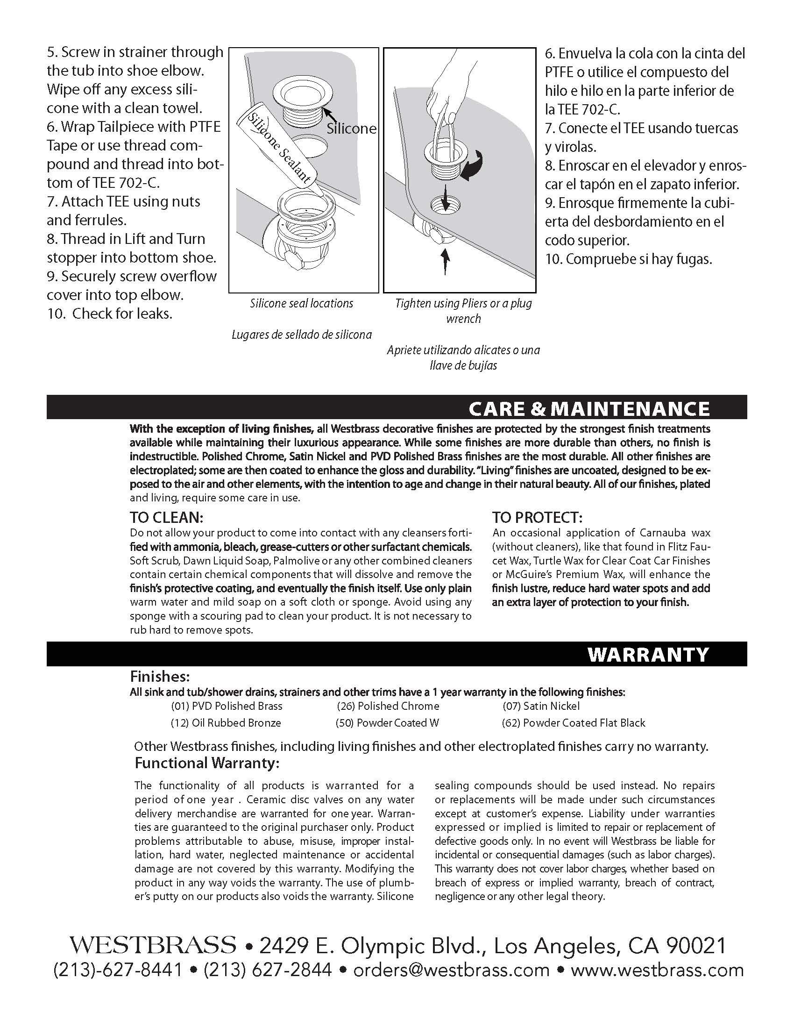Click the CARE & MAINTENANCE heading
[x=589, y=408]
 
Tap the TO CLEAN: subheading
[x=167, y=518]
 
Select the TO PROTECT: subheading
[x=538, y=518]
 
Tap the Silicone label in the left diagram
[x=351, y=128]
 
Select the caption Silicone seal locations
[x=302, y=304]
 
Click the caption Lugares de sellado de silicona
[x=302, y=335]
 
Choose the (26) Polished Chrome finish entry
[x=388, y=706]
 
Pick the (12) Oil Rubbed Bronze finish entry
[x=226, y=723]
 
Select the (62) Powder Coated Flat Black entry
[x=574, y=723]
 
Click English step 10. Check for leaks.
[x=110, y=314]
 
